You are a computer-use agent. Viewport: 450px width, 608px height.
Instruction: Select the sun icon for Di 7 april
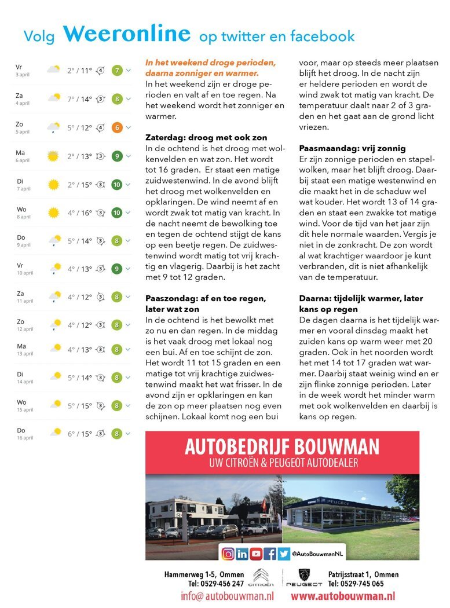click(x=54, y=185)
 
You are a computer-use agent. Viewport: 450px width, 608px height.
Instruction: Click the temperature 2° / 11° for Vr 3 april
click(x=79, y=71)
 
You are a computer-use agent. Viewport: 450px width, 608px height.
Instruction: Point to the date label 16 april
click(x=25, y=438)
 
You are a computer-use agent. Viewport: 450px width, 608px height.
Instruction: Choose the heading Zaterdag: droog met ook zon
click(x=206, y=138)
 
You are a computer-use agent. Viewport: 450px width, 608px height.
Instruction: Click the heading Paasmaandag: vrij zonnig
click(x=352, y=148)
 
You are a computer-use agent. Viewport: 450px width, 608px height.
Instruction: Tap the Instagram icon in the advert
click(x=228, y=554)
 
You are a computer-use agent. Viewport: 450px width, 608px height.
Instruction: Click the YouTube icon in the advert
click(x=256, y=554)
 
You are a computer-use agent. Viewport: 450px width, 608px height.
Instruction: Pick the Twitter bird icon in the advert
click(x=283, y=554)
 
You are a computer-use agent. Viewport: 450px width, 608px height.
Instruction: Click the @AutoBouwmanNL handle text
click(x=317, y=554)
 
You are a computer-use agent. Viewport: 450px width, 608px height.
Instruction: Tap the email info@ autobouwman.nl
click(x=227, y=596)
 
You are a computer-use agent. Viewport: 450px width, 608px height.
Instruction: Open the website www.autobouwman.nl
click(x=343, y=596)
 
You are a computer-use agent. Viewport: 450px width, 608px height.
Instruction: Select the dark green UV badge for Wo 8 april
click(x=116, y=213)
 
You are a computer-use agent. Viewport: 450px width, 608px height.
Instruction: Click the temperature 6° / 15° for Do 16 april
click(x=79, y=433)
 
